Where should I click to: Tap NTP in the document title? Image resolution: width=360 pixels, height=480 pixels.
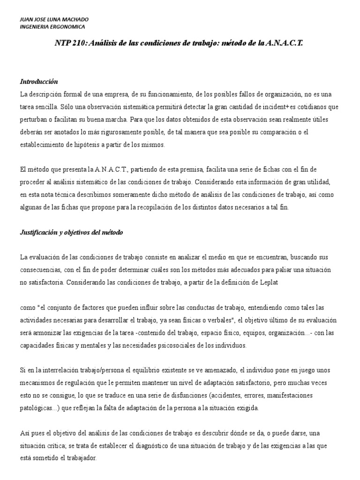[63, 43]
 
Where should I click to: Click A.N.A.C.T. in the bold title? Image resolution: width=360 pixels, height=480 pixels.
[285, 43]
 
